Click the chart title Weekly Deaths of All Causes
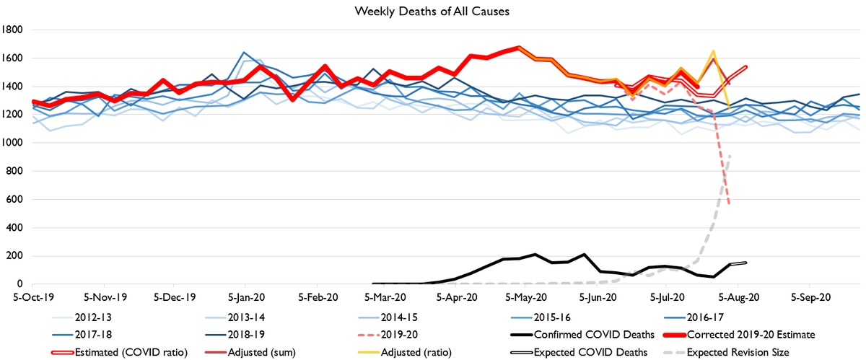click(432, 12)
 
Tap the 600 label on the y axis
click(17, 200)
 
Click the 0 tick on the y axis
click(23, 284)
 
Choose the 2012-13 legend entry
click(100, 317)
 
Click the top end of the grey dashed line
click(730, 157)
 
